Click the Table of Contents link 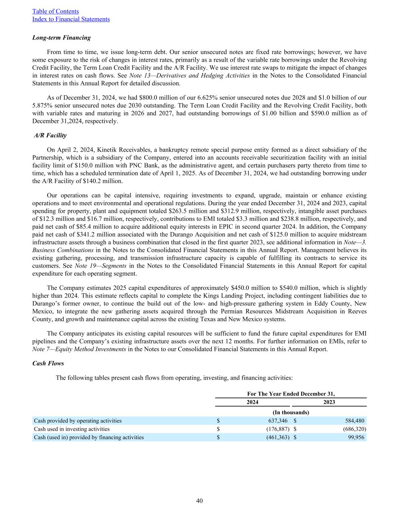56,11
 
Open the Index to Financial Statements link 71,19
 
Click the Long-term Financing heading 61,37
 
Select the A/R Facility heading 50,135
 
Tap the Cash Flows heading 48,363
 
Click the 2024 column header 253,402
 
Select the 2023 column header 329,402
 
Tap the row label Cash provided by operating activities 78,421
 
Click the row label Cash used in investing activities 72,429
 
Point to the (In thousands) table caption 291,412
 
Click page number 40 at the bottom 199,501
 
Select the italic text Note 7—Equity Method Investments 79,349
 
